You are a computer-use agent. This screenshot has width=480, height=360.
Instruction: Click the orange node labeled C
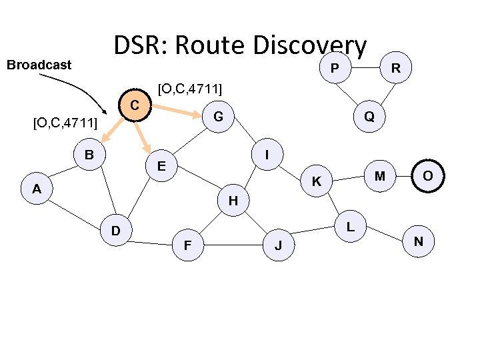pos(135,105)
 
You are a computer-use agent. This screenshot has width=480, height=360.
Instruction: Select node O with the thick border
pos(429,175)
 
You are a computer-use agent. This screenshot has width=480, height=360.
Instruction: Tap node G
pos(218,117)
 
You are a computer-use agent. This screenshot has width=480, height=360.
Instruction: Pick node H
pos(233,200)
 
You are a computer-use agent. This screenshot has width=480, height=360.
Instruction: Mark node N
pos(418,241)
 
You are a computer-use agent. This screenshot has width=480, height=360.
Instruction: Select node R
pos(396,67)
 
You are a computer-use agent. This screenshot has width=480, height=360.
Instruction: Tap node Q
pos(369,117)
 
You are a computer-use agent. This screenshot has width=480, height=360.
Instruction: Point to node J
pos(279,247)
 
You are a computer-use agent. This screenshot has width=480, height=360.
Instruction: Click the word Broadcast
pos(39,65)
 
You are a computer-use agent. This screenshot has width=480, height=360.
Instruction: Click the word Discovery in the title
pos(310,45)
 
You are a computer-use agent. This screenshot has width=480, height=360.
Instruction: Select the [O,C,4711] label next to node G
pos(189,88)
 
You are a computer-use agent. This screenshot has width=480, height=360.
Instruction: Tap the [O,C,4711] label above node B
pos(65,123)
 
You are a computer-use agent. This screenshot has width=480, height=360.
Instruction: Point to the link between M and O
pos(404,175)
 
